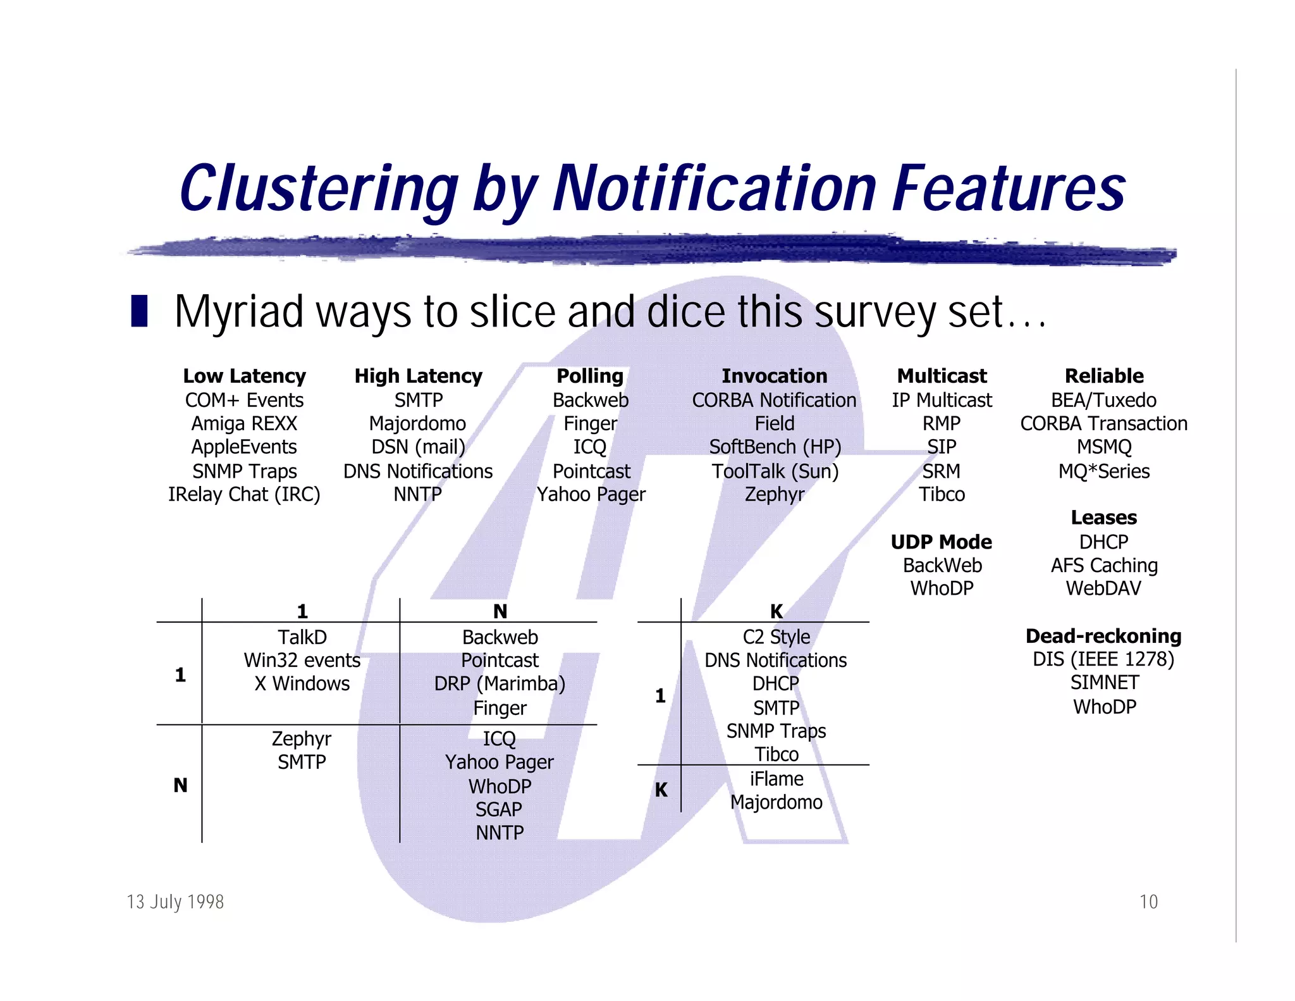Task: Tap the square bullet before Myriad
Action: click(x=139, y=311)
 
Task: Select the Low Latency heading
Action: click(x=244, y=376)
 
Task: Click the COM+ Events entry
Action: click(x=244, y=400)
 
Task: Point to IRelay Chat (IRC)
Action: click(x=244, y=494)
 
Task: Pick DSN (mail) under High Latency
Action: click(x=418, y=447)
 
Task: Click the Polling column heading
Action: click(x=590, y=376)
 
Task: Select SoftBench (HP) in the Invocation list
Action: click(x=775, y=447)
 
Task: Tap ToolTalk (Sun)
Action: click(x=775, y=471)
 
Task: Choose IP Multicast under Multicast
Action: click(x=942, y=400)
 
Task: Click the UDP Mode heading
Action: click(x=942, y=542)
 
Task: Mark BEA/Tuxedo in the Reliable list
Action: click(x=1103, y=400)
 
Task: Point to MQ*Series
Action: click(x=1103, y=471)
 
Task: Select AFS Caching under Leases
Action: click(x=1103, y=565)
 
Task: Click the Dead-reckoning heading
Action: click(x=1103, y=636)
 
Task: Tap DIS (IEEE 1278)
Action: click(x=1103, y=659)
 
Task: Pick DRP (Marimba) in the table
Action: click(x=500, y=683)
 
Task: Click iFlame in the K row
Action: click(x=776, y=779)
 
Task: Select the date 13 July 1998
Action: click(x=175, y=902)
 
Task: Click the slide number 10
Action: click(x=1148, y=902)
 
